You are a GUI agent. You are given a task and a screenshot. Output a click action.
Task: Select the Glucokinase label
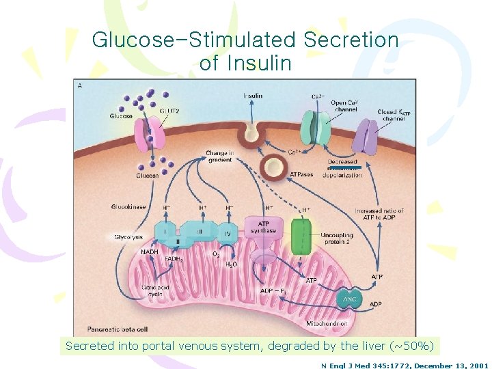click(128, 207)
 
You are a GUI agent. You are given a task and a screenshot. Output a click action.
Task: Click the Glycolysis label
click(128, 237)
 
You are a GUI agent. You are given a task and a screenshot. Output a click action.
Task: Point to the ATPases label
click(301, 174)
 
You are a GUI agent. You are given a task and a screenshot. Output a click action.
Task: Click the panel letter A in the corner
click(81, 85)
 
